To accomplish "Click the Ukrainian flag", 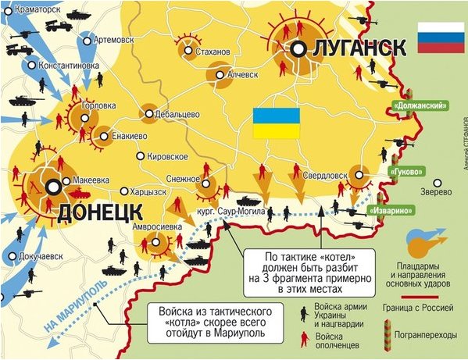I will pyautogui.click(x=276, y=123).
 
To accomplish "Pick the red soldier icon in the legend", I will pyautogui.click(x=302, y=337).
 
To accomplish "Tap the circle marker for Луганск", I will pyautogui.click(x=299, y=48).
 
